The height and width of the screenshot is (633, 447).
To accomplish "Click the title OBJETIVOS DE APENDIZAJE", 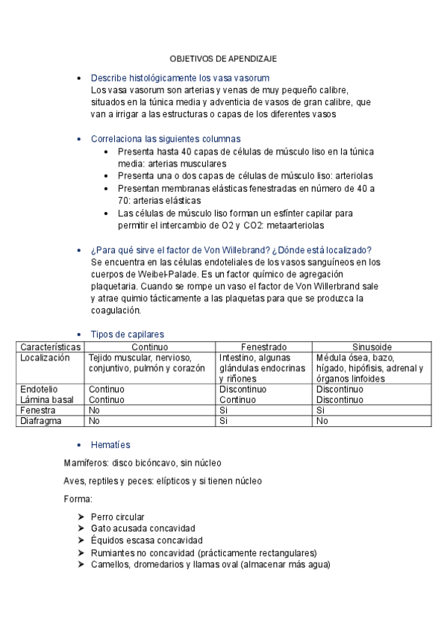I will tap(223, 58).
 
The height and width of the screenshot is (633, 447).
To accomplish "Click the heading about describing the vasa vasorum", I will tap(180, 78).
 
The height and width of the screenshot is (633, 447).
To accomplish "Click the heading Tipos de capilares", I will tap(128, 334).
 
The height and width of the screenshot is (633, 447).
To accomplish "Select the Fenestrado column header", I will tap(264, 347).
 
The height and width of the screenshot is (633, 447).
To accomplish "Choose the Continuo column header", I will tap(150, 347).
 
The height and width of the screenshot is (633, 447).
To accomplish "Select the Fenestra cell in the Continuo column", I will tap(94, 411).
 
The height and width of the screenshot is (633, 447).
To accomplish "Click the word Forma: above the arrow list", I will tap(78, 499).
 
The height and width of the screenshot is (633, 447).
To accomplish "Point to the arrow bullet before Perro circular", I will tap(81, 517).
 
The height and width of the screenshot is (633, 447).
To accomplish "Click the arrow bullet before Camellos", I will tap(81, 564).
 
